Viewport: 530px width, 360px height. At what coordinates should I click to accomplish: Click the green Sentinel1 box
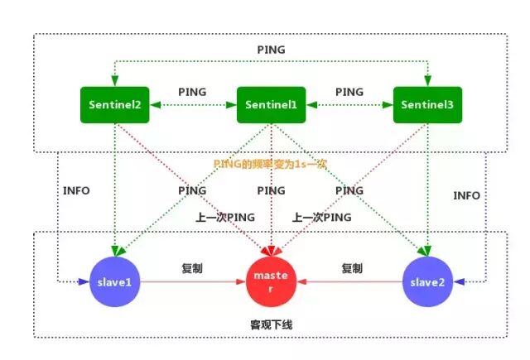271,104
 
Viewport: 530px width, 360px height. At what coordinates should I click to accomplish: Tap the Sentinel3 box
426,104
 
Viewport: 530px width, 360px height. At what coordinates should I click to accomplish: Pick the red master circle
271,282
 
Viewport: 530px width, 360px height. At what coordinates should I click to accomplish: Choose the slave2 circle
426,282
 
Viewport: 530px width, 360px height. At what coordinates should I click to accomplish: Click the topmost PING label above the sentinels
271,50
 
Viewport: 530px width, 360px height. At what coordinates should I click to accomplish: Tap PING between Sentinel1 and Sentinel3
349,92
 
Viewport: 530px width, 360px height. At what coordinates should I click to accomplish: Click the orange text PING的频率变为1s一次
271,164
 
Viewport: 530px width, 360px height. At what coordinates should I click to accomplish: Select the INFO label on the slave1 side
76,190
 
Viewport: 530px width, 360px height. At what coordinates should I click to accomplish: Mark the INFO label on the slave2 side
466,195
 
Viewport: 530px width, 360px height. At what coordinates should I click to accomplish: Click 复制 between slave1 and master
192,268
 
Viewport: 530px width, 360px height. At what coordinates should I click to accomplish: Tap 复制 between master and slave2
351,268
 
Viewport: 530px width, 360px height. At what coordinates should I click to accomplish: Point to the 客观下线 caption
271,325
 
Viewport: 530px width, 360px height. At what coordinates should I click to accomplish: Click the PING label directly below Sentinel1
271,190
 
